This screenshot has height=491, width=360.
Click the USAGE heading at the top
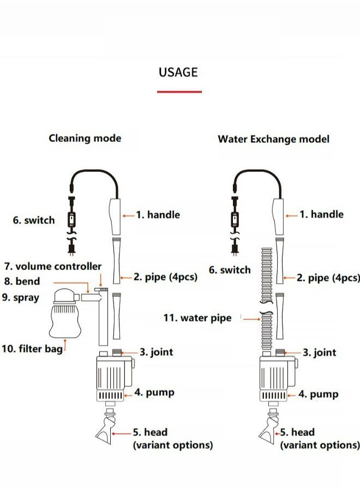pyautogui.click(x=178, y=72)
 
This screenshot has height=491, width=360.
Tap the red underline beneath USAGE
pyautogui.click(x=179, y=92)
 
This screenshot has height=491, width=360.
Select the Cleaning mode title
pyautogui.click(x=85, y=138)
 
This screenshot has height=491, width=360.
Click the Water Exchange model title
pyautogui.click(x=273, y=139)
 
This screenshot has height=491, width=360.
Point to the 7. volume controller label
pyautogui.click(x=53, y=266)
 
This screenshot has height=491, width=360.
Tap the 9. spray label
pyautogui.click(x=21, y=298)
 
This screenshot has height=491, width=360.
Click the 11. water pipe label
pyautogui.click(x=197, y=318)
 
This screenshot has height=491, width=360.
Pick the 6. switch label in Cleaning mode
pyautogui.click(x=34, y=220)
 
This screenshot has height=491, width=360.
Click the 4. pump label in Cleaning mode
pyautogui.click(x=154, y=392)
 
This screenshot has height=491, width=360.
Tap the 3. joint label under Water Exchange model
pyautogui.click(x=320, y=352)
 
